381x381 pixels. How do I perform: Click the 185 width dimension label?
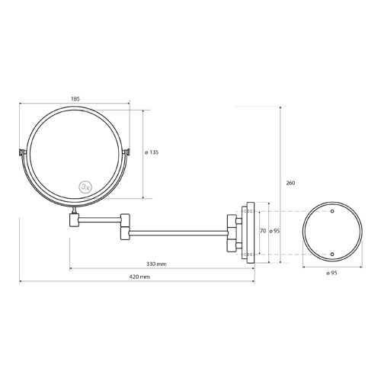coord(75,99)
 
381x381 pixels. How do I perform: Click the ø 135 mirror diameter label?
coord(152,152)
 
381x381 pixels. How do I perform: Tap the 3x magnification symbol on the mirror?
coord(85,187)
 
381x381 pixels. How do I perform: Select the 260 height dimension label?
coord(290,183)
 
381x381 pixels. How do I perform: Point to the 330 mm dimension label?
coord(156,264)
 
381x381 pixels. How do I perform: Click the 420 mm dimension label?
coord(139,277)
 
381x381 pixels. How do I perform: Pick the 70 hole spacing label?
coord(263,231)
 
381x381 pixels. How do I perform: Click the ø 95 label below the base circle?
coord(331,273)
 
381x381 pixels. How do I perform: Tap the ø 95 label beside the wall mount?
coord(274,231)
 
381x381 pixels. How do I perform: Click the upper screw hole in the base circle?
coord(332,211)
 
